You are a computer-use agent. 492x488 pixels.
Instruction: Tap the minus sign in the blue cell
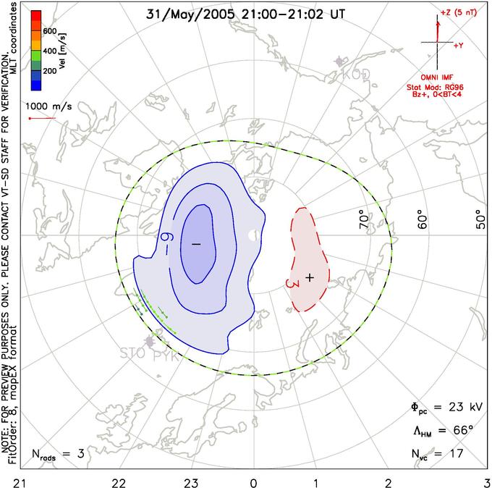pyautogui.click(x=195, y=244)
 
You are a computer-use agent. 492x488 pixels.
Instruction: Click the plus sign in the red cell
pyautogui.click(x=310, y=277)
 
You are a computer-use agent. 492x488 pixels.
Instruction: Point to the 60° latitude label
pyautogui.click(x=423, y=220)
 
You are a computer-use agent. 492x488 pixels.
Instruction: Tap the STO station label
pyautogui.click(x=131, y=355)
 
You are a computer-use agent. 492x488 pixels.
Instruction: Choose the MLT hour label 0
pyautogui.click(x=253, y=481)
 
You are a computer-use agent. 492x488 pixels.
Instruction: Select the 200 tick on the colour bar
pyautogui.click(x=50, y=72)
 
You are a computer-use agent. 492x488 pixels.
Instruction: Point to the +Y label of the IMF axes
pyautogui.click(x=458, y=45)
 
